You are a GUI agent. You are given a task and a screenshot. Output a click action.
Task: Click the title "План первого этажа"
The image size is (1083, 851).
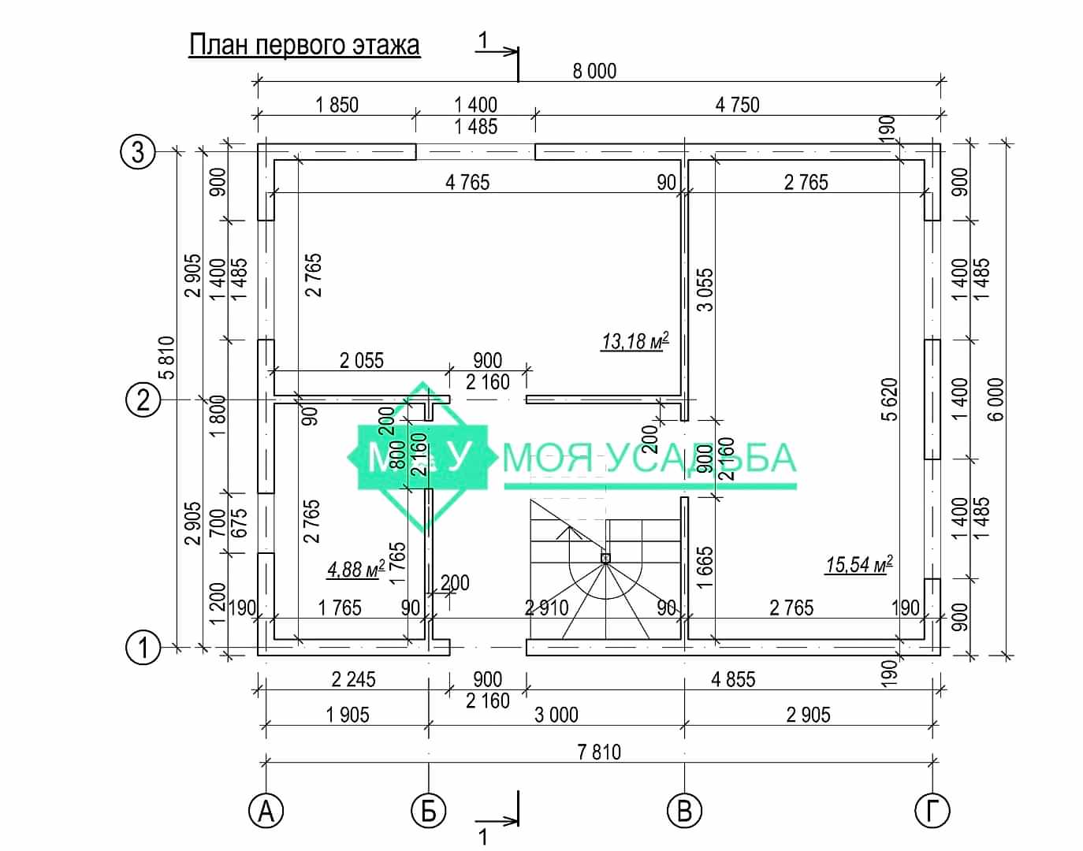[x=304, y=46]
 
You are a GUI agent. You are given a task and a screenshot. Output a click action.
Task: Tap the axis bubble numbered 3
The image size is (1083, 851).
[x=138, y=151]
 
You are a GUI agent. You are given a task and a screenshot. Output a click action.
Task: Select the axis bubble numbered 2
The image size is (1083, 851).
[x=143, y=399]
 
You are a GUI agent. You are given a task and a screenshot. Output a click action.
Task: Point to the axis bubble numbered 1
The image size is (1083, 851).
[x=143, y=648]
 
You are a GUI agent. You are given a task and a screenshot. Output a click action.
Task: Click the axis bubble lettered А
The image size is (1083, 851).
[x=266, y=811]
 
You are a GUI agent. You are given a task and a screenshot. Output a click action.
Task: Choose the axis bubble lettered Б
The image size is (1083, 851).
[x=429, y=811]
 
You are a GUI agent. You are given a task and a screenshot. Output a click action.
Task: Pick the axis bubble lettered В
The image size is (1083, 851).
[x=684, y=811]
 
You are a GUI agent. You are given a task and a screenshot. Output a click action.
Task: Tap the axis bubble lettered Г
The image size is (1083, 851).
[x=932, y=811]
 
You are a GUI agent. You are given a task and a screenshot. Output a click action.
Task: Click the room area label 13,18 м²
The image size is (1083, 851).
[x=635, y=341]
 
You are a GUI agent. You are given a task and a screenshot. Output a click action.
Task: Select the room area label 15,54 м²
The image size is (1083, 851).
[x=858, y=564]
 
